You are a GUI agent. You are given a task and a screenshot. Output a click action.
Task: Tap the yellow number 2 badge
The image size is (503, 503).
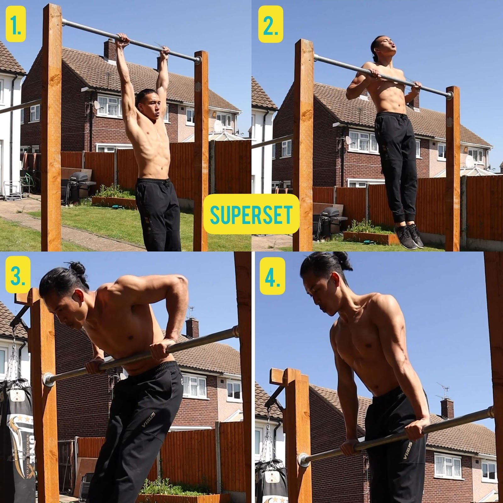coord(270,24)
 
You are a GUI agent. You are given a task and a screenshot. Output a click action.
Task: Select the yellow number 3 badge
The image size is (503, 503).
coord(18,274)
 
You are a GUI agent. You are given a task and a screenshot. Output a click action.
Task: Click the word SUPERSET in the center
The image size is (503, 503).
coord(251,214)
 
